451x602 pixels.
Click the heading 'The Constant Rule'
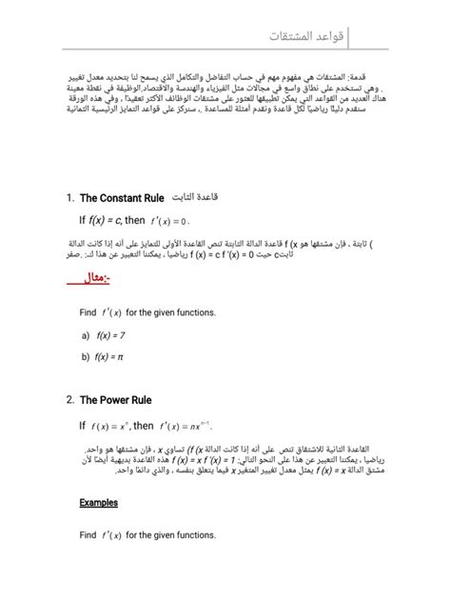(x=123, y=198)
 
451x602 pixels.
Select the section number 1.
(x=71, y=198)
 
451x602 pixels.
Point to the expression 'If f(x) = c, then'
(x=112, y=220)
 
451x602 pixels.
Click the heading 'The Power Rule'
(x=116, y=400)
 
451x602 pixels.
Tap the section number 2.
(x=70, y=400)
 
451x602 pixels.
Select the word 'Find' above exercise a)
(x=88, y=312)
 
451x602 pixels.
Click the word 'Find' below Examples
(x=88, y=535)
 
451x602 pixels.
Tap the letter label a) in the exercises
(x=86, y=335)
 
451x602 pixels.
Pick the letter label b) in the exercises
(x=86, y=356)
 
